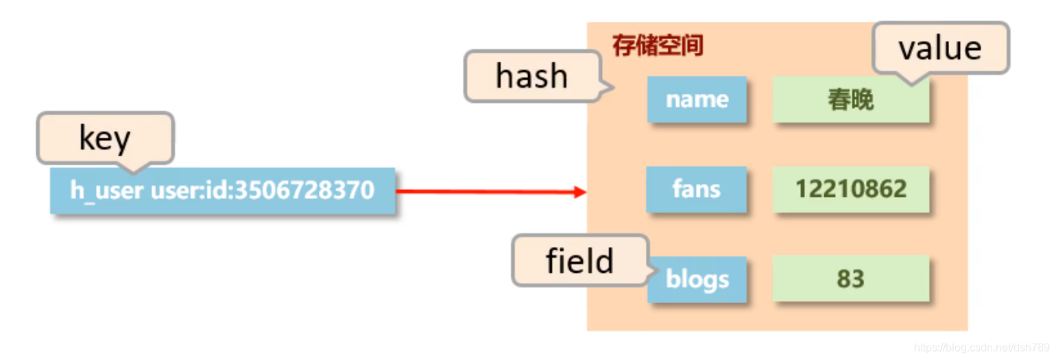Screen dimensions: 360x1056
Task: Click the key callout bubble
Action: pyautogui.click(x=105, y=139)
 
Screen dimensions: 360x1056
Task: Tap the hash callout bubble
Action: pyautogui.click(x=532, y=75)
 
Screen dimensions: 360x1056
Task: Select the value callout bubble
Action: pyautogui.click(x=940, y=48)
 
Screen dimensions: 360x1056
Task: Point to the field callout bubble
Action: pyautogui.click(x=579, y=261)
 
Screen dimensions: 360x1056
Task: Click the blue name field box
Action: pyautogui.click(x=697, y=99)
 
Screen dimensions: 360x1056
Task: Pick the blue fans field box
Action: pyautogui.click(x=697, y=189)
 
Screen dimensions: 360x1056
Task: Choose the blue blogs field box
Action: pyautogui.click(x=697, y=279)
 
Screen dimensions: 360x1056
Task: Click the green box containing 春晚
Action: pyautogui.click(x=850, y=99)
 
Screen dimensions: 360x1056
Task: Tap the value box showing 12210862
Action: pyautogui.click(x=850, y=189)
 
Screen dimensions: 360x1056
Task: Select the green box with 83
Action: pyautogui.click(x=850, y=279)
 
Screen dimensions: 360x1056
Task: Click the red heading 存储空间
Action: pyautogui.click(x=658, y=47)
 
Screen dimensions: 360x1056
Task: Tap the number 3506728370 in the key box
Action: pyautogui.click(x=305, y=190)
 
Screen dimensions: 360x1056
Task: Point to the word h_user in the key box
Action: pyautogui.click(x=107, y=190)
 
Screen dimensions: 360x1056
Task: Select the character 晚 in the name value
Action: pyautogui.click(x=862, y=100)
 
